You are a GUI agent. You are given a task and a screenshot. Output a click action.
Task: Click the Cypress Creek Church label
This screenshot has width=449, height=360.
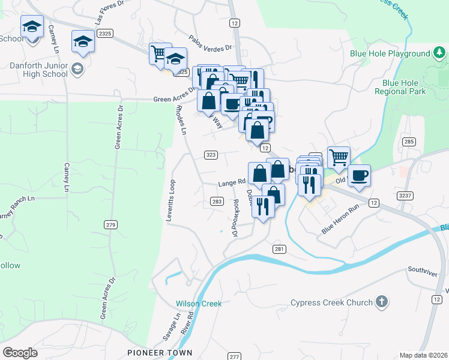tap(331, 302)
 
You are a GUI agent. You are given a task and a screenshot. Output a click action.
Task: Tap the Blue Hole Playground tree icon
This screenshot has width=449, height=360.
tap(439, 54)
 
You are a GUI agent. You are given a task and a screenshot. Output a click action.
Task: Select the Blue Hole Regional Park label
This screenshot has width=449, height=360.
tap(400, 87)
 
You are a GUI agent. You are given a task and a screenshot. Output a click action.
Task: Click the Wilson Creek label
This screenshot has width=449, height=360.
tap(199, 304)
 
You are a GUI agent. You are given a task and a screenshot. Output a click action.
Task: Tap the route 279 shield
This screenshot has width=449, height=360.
tap(110, 225)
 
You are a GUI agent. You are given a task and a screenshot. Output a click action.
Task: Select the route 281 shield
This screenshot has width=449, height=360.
tap(279, 248)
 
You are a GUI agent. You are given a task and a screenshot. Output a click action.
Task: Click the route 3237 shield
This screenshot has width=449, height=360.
tap(405, 196)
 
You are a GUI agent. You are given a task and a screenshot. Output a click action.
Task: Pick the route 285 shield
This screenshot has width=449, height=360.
tap(409, 142)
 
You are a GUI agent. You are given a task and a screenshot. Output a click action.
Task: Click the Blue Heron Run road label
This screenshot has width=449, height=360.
tap(340, 219)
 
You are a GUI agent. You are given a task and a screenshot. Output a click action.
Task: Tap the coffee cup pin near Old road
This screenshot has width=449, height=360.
tap(359, 176)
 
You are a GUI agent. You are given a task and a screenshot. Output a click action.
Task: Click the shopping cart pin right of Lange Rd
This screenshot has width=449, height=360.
tap(339, 157)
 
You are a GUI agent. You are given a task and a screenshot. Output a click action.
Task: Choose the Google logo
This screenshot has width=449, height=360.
tap(20, 352)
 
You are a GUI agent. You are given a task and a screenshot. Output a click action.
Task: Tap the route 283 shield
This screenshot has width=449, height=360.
tap(217, 202)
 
